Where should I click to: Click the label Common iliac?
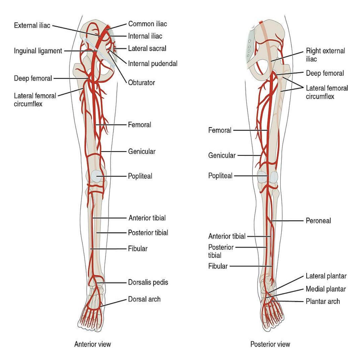[148, 24]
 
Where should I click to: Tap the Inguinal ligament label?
[38, 51]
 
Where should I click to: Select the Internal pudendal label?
[153, 64]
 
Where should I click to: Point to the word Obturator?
[142, 82]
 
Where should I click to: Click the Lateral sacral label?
[147, 49]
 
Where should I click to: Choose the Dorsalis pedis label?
[148, 282]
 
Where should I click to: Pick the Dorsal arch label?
[144, 299]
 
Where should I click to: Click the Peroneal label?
[318, 221]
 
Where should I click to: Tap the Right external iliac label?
[325, 55]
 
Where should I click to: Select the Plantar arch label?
[323, 301]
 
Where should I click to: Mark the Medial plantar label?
[326, 289]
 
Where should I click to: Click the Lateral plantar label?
[326, 276]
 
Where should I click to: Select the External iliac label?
[32, 25]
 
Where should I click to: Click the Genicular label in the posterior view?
[222, 155]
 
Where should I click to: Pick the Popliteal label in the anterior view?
[140, 176]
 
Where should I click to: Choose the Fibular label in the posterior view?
[218, 266]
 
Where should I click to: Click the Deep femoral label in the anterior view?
[33, 78]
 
